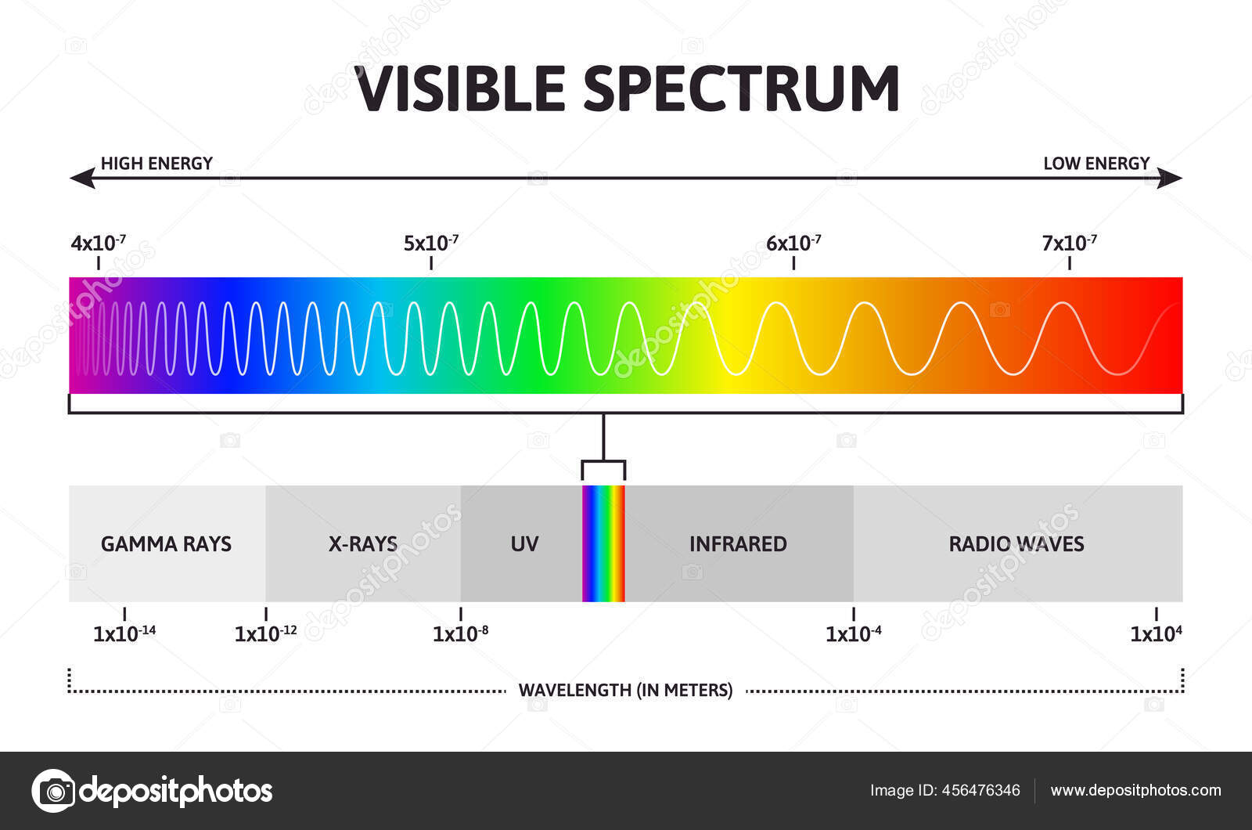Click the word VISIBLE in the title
point(460,89)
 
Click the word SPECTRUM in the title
point(742,89)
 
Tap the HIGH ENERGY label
point(156,164)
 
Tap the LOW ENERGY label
point(1096,164)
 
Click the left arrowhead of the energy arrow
point(82,178)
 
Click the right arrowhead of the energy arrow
point(1169,178)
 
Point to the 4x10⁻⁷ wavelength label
point(99,244)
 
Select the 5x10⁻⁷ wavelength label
point(431,244)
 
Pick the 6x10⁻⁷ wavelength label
point(793,244)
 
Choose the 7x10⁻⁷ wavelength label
point(1069,244)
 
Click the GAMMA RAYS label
point(166,543)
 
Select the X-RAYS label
point(363,543)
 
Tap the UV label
point(524,543)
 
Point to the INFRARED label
point(738,543)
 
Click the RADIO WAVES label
point(1016,543)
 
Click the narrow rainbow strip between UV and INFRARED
point(603,543)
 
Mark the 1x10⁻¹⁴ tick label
point(124,633)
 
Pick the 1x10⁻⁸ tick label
point(461,633)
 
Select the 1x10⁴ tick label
point(1156,633)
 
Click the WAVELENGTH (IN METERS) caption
point(625,690)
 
